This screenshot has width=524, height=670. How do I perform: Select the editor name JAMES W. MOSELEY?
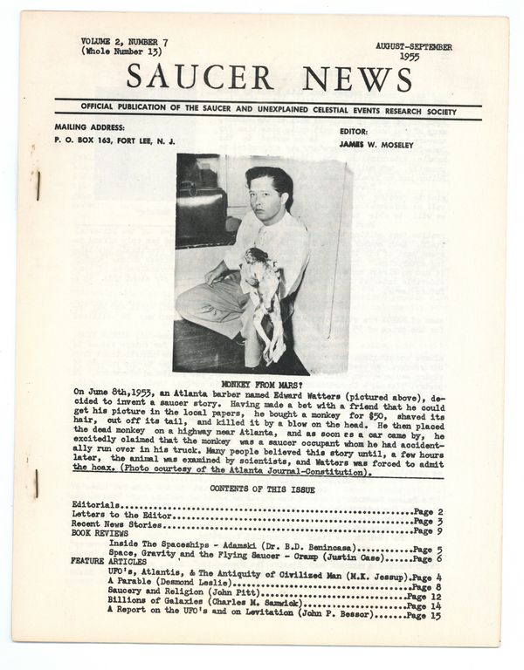(x=376, y=143)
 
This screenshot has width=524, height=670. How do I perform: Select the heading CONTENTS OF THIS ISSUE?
(x=262, y=490)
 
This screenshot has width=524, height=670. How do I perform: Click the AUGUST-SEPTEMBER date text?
(x=414, y=45)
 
